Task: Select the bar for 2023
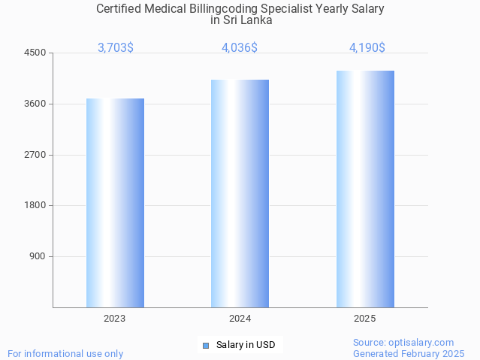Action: pos(115,203)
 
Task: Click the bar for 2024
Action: pos(240,193)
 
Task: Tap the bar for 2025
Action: pos(365,189)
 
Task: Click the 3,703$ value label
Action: pos(116,47)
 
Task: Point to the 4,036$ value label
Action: pos(240,47)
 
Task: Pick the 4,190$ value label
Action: pos(367,47)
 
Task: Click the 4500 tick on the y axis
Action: pos(35,53)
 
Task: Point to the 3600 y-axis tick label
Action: pos(35,104)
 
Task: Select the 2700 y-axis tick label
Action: pos(35,155)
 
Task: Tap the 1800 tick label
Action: pos(35,205)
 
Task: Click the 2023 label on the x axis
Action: pos(115,319)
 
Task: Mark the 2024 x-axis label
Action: pos(240,319)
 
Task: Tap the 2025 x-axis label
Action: pos(365,319)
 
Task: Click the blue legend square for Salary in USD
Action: pos(205,346)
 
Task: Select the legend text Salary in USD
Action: pos(246,345)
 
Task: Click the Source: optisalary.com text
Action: pos(403,342)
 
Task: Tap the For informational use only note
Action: pos(65,353)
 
